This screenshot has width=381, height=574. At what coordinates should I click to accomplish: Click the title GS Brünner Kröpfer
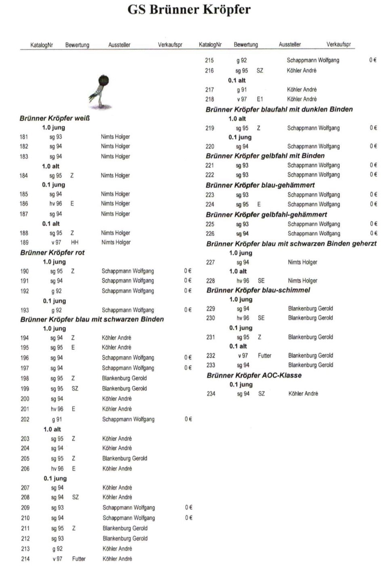[x=189, y=9]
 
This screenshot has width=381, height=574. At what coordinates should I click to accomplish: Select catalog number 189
[x=24, y=242]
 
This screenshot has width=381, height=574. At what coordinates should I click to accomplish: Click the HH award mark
[x=75, y=242]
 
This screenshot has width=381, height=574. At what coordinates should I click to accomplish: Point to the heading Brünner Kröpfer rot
[x=52, y=252]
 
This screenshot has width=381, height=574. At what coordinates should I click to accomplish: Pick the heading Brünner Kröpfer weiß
[x=54, y=118]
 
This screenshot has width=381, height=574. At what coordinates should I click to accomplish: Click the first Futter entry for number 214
[x=79, y=559]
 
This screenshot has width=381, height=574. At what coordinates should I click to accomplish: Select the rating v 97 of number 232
[x=243, y=355]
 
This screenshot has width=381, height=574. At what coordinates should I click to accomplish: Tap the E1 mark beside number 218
[x=260, y=99]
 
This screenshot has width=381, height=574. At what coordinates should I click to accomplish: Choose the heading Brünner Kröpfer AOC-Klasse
[x=254, y=375]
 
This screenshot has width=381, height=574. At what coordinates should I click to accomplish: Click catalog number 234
[x=211, y=393]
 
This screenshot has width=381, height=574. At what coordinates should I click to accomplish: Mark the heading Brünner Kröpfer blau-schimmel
[x=258, y=290]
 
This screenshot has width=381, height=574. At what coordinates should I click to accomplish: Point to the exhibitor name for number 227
[x=303, y=262]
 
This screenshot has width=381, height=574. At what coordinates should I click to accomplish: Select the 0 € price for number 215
[x=373, y=60]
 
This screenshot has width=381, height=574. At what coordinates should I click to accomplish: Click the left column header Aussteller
[x=119, y=45]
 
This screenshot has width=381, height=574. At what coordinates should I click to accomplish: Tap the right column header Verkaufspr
[x=339, y=44]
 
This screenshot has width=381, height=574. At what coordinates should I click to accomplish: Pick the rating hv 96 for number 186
[x=56, y=204]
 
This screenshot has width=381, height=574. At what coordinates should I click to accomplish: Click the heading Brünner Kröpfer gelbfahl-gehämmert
[x=266, y=214]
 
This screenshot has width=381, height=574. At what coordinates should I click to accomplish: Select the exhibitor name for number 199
[x=124, y=389]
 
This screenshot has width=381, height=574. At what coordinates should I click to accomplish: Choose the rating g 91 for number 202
[x=57, y=419]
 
